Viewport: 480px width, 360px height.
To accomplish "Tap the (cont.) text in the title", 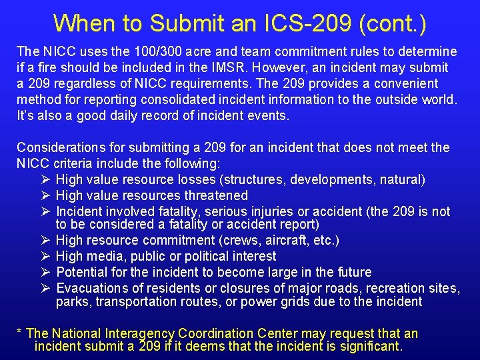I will tap(391, 23).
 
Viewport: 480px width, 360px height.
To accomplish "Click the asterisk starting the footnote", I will tap(20, 333).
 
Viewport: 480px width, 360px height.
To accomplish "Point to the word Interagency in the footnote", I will tap(141, 333).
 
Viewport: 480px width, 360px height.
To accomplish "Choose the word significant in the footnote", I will tap(369, 347).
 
